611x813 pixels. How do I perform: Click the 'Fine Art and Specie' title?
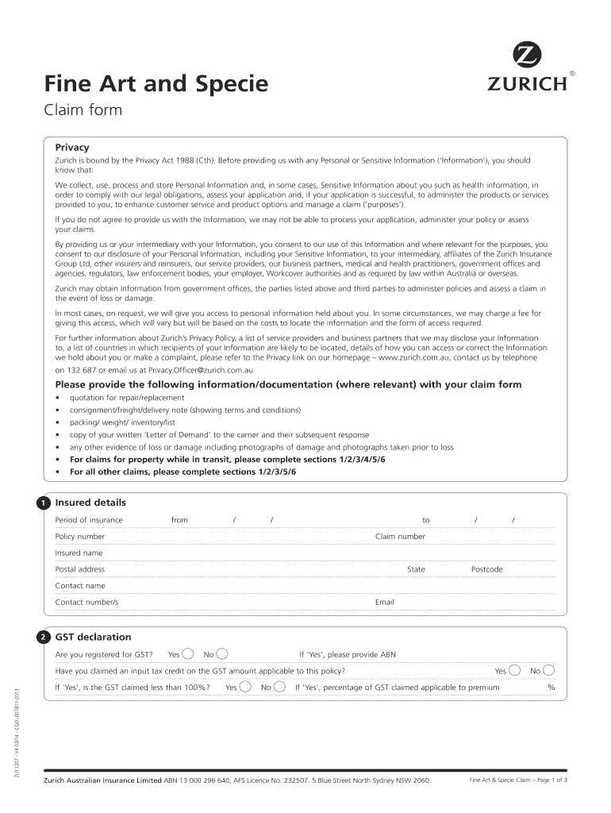156,83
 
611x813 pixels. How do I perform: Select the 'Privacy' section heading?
71,147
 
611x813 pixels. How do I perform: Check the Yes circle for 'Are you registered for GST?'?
188,654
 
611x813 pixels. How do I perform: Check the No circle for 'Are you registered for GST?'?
223,654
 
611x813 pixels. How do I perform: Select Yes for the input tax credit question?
516,671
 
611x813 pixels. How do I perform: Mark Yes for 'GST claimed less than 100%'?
246,688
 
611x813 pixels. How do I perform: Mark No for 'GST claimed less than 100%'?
279,688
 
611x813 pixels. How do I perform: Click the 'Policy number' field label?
79,537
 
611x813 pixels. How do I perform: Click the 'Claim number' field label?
400,537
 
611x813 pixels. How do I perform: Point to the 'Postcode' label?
486,569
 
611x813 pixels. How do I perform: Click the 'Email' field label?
384,603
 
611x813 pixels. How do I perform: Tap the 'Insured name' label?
79,553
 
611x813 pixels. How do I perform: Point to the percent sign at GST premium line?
551,688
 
